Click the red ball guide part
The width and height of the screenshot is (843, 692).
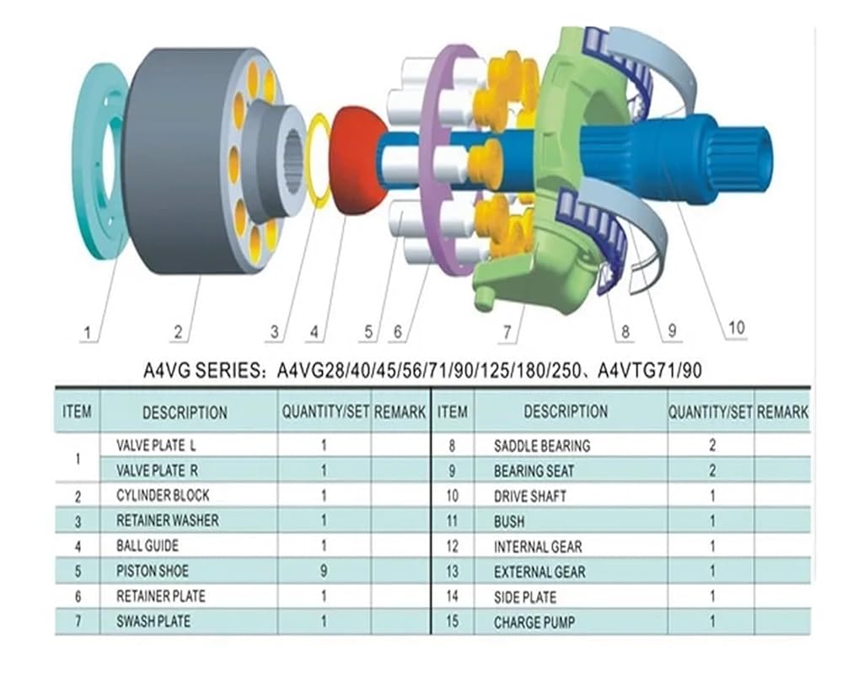[359, 161]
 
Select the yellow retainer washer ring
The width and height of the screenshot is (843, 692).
[319, 161]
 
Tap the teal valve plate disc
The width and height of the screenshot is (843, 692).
[102, 161]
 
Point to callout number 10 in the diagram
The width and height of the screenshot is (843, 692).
[736, 327]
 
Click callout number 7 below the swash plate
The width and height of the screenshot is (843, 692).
[507, 332]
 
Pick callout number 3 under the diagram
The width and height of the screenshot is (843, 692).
[275, 331]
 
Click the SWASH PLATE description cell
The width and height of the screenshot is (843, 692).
[153, 621]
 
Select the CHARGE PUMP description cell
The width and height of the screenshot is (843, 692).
[534, 623]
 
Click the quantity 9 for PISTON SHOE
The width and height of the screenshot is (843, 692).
[324, 571]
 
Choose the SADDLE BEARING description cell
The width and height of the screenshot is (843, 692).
[542, 446]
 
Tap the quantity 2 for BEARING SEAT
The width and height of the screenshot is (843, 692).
[712, 470]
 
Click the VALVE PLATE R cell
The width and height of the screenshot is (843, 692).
[157, 470]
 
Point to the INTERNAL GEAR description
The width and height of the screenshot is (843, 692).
[538, 547]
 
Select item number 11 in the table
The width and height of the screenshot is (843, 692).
[452, 521]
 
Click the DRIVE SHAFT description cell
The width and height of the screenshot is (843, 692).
[530, 496]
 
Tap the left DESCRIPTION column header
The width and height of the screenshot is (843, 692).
[185, 412]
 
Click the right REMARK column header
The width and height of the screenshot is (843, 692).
[782, 412]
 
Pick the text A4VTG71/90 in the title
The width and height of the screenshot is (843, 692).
[649, 370]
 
